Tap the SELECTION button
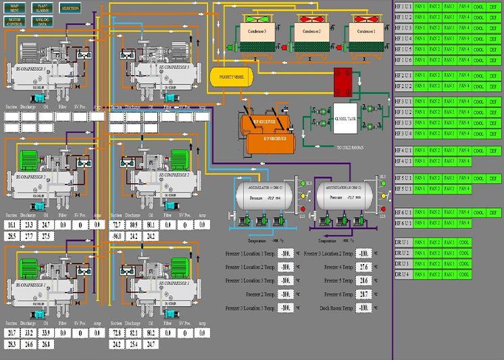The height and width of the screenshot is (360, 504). click(69, 8)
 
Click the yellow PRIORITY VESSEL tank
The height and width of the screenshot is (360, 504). click(230, 78)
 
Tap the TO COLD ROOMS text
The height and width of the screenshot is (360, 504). click(353, 147)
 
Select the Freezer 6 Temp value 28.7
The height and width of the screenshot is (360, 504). click(364, 294)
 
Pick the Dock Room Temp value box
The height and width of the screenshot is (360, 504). click(364, 308)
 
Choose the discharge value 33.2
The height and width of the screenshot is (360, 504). click(29, 333)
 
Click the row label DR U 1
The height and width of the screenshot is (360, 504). click(402, 242)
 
